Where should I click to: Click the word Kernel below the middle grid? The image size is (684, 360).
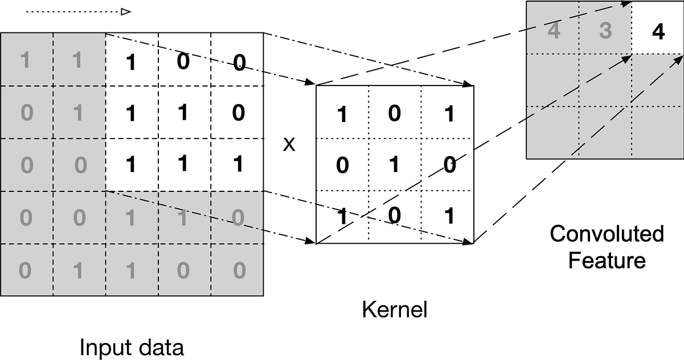click(394, 311)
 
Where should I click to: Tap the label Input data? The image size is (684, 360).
click(132, 347)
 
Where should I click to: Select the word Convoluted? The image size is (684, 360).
click(607, 234)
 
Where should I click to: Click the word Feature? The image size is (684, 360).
click(607, 261)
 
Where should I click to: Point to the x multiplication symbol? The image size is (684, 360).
click(289, 145)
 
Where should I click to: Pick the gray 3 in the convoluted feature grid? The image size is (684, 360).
click(605, 31)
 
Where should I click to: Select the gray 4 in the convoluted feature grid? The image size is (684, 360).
click(553, 31)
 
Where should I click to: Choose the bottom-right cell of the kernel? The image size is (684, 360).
click(448, 217)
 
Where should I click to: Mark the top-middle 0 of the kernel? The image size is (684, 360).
click(395, 114)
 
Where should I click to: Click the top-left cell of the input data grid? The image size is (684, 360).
click(27, 59)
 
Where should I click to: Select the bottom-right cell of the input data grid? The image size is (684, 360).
click(238, 269)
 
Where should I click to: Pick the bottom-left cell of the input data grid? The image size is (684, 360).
click(27, 269)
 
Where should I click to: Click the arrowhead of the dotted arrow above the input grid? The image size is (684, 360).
click(126, 11)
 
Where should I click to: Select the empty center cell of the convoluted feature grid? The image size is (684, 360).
click(605, 80)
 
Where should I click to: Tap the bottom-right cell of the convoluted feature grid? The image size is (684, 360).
click(658, 132)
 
